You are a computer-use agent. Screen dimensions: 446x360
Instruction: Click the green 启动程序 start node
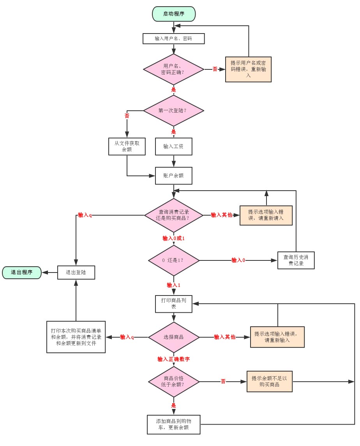[174, 14]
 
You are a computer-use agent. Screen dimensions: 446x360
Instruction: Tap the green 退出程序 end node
[22, 273]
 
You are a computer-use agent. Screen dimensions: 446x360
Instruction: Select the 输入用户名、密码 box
[173, 39]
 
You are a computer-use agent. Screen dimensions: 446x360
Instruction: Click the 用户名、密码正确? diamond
[173, 69]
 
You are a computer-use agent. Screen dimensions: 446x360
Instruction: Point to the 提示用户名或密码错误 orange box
[248, 69]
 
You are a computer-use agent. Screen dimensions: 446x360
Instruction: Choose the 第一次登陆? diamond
[173, 110]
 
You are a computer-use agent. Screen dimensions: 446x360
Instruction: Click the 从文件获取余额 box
[127, 146]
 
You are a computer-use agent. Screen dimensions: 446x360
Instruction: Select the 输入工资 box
[173, 146]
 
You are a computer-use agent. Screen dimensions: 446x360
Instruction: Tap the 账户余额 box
[173, 176]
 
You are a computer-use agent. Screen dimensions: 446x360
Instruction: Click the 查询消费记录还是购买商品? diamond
[173, 215]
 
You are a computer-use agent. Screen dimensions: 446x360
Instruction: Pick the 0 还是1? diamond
[173, 260]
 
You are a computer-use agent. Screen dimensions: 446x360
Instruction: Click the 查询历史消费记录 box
[296, 260]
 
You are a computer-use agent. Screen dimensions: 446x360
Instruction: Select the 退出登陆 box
[76, 273]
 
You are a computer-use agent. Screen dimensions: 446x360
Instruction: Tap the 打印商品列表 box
[173, 304]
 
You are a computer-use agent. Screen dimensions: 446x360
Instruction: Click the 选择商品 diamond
[173, 337]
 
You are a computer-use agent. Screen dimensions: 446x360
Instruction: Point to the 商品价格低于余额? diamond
[173, 381]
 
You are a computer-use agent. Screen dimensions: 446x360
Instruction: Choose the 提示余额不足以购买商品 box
[269, 381]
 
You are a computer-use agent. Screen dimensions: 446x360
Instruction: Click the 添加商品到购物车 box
[173, 425]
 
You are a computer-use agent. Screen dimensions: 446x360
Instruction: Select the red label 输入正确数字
[173, 359]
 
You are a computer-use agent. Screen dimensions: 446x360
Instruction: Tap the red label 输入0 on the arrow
[238, 260]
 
